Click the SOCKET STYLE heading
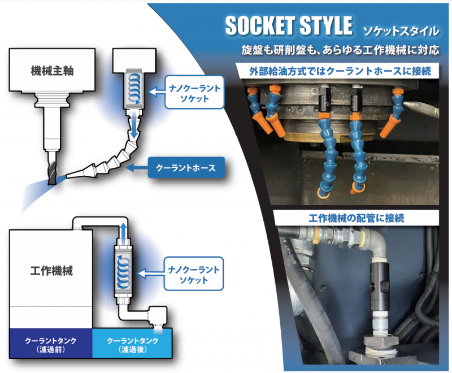(288, 25)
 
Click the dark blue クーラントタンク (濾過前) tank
(51, 344)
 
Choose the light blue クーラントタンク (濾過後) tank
(132, 344)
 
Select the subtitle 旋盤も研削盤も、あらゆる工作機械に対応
(339, 50)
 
